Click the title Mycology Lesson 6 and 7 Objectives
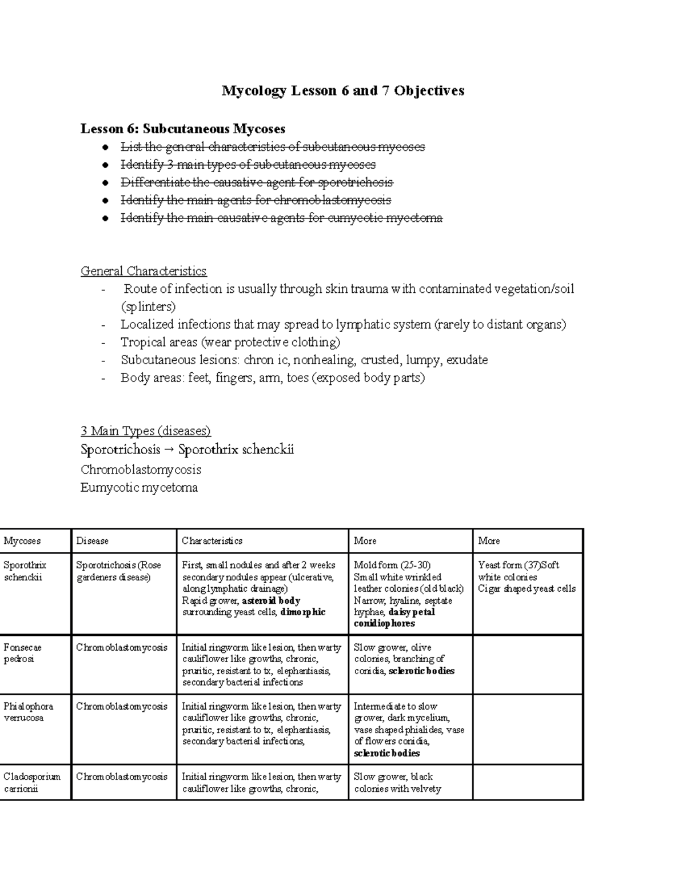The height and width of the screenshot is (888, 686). [x=343, y=90]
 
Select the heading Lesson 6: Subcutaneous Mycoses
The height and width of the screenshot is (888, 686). [x=182, y=129]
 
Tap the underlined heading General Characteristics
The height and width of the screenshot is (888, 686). [x=143, y=271]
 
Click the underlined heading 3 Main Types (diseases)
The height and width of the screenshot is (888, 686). [x=146, y=431]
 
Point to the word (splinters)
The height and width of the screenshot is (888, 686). [x=148, y=306]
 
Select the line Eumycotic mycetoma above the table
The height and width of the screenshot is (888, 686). [x=139, y=488]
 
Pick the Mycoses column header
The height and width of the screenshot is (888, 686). [x=22, y=541]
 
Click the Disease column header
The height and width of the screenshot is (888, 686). [x=92, y=541]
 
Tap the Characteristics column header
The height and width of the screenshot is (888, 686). [x=212, y=541]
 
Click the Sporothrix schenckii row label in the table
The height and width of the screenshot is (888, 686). [x=25, y=571]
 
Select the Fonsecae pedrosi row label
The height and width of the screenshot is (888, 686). [x=22, y=653]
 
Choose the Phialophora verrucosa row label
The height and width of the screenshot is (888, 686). [x=28, y=712]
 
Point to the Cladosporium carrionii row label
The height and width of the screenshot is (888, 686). [x=31, y=782]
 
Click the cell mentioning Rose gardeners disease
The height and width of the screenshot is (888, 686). [x=118, y=571]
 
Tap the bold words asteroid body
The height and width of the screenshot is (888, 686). [x=271, y=600]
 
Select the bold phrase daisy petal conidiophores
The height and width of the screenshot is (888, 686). [x=394, y=618]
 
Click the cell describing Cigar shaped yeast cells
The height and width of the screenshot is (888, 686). [x=527, y=588]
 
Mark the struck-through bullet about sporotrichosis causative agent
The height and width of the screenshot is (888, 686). [x=257, y=182]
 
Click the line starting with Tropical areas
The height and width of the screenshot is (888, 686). [x=230, y=342]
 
